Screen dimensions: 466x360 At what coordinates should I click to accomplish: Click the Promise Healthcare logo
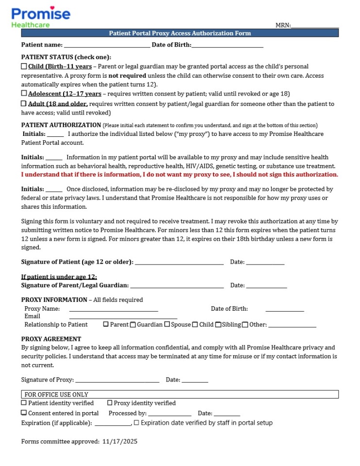(x=41, y=17)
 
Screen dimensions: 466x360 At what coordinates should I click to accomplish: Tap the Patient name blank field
(x=107, y=46)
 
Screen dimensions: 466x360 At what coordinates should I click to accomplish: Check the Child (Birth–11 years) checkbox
(x=24, y=66)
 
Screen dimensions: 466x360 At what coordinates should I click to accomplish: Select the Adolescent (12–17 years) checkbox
(x=24, y=93)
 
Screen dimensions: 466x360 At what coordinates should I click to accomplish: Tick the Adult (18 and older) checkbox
(x=24, y=103)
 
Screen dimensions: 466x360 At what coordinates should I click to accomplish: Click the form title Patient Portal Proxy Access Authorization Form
(x=180, y=33)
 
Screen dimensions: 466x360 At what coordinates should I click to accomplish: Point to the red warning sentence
(x=180, y=174)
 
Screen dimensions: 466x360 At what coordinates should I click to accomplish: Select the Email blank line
(x=123, y=317)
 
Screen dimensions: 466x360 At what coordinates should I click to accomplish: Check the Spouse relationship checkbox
(x=167, y=324)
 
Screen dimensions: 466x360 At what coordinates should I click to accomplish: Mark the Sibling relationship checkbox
(x=218, y=324)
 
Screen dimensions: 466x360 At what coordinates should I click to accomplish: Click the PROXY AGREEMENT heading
(x=51, y=339)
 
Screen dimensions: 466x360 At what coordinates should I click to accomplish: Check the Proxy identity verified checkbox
(x=110, y=403)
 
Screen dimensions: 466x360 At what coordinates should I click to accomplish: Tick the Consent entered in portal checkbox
(x=24, y=413)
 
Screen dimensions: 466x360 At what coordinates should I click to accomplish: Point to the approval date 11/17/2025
(x=120, y=442)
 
